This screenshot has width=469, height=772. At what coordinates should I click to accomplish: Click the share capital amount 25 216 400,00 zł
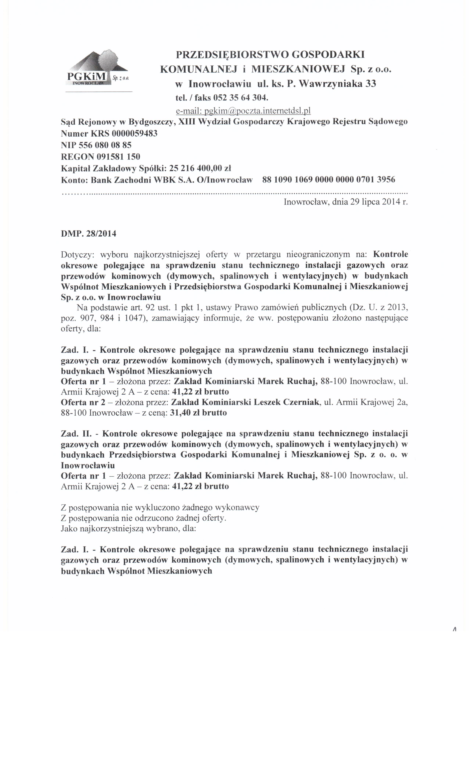[200, 168]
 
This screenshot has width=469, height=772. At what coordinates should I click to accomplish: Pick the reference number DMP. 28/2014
[88, 234]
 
